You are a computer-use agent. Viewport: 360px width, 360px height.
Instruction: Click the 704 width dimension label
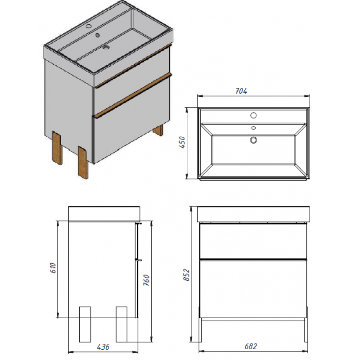(241, 91)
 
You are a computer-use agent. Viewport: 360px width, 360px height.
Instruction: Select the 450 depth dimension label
(182, 142)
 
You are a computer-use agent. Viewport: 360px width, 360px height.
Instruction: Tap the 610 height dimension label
(53, 268)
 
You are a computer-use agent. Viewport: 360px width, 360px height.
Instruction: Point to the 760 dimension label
(146, 280)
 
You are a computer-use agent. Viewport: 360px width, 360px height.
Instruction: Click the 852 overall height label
(186, 275)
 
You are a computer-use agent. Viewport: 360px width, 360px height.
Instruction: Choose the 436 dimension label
(103, 346)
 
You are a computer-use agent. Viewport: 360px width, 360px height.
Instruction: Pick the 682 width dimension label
(251, 346)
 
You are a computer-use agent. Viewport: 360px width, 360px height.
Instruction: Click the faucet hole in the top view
(253, 115)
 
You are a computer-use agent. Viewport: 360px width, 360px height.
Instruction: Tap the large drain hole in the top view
(253, 140)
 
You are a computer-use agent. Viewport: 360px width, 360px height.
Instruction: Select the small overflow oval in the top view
(253, 128)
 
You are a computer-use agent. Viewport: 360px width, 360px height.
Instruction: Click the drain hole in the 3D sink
(106, 47)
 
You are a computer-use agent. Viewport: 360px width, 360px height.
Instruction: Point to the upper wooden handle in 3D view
(133, 66)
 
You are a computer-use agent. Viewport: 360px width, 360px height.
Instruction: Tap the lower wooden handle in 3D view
(133, 95)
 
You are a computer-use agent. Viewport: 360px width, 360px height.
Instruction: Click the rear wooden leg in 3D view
(158, 131)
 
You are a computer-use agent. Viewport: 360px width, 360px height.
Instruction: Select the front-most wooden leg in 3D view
(83, 162)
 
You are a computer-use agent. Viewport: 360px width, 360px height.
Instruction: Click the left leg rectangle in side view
(85, 324)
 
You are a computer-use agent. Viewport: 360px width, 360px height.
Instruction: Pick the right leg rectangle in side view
(121, 324)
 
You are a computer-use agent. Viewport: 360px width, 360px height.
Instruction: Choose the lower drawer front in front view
(253, 289)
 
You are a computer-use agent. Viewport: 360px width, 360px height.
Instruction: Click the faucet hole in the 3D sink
(89, 26)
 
